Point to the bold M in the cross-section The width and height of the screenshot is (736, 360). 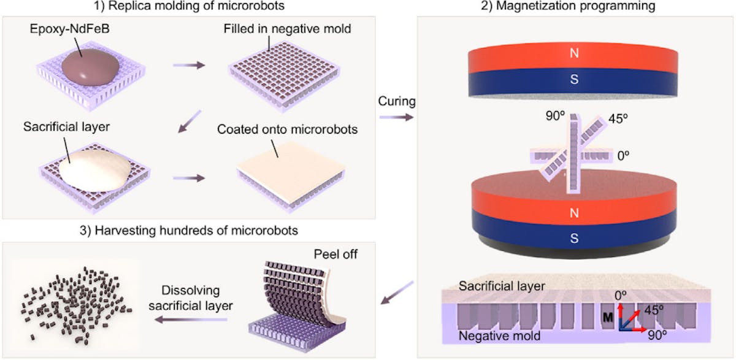[608, 318]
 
